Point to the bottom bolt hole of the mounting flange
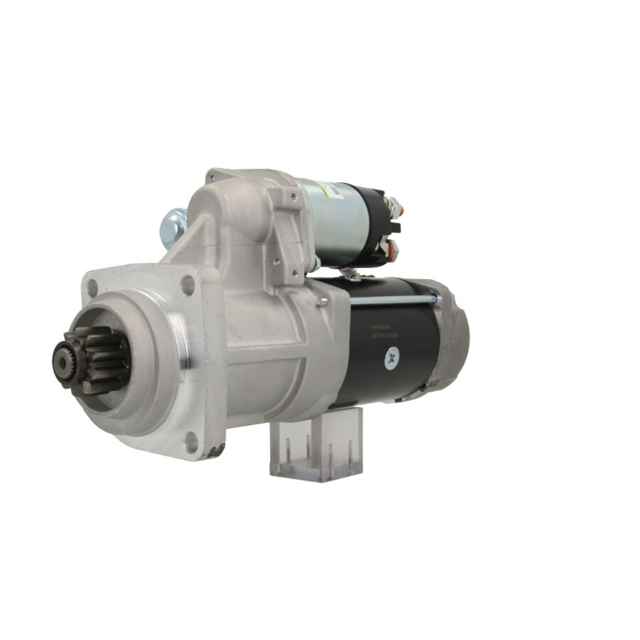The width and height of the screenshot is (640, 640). click(x=191, y=440)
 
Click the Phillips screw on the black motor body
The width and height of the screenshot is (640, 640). click(x=392, y=360)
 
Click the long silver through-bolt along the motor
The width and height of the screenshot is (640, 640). click(x=390, y=299)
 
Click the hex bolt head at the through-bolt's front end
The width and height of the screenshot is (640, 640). click(x=321, y=301)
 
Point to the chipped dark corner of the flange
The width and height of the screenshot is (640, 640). click(x=214, y=452)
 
